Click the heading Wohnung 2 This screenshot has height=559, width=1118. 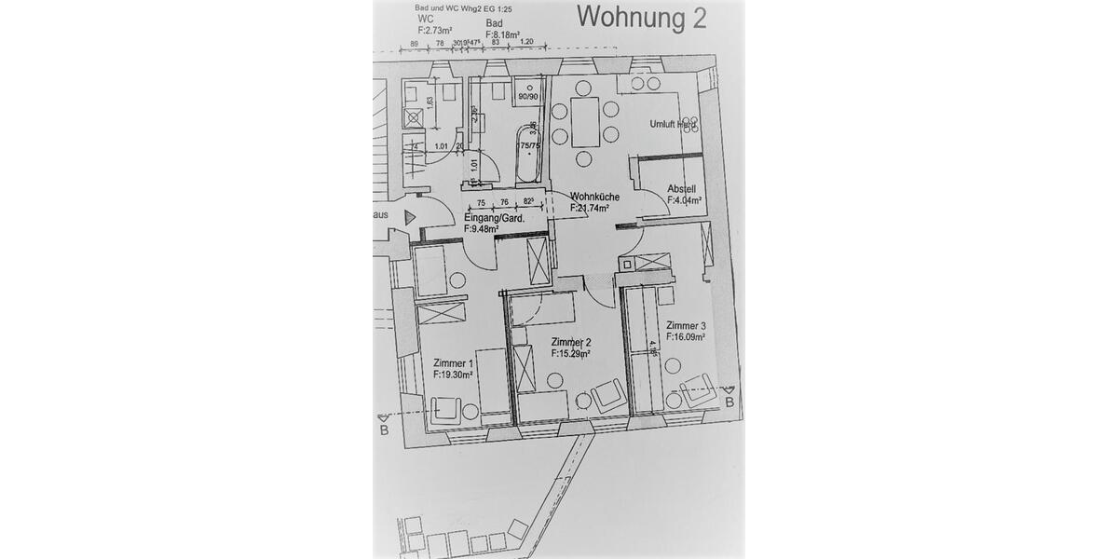click(642, 16)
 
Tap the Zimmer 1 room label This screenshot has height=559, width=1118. click(454, 363)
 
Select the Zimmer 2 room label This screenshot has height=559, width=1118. click(571, 342)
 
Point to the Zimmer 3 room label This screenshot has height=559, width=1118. click(685, 325)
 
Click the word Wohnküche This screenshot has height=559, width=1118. click(589, 197)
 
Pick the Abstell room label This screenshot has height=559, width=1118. click(681, 189)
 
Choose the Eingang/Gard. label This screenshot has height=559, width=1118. click(494, 219)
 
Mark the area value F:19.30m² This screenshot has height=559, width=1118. click(454, 375)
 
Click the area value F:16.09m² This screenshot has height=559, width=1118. click(685, 336)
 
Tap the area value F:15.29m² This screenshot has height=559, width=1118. click(571, 354)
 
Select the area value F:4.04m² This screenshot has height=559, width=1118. click(684, 200)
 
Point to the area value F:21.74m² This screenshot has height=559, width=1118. click(589, 208)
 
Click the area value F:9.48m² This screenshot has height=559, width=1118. click(487, 230)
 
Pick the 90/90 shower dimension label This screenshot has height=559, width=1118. click(527, 96)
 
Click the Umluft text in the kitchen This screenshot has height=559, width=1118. click(665, 124)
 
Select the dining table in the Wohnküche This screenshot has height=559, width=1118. click(585, 122)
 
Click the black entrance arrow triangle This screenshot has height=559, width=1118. click(410, 217)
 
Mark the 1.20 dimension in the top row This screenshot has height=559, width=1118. click(526, 42)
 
